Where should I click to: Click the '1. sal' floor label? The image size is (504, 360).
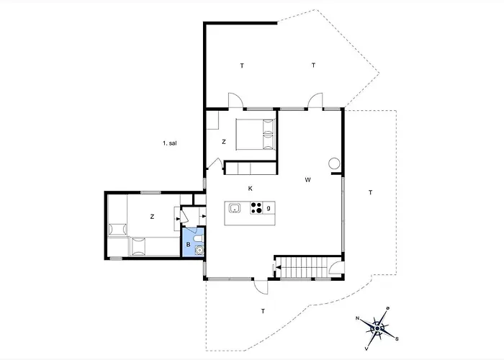pyautogui.click(x=169, y=143)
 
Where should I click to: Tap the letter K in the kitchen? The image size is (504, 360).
pyautogui.click(x=250, y=189)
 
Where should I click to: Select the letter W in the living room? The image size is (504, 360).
pyautogui.click(x=307, y=180)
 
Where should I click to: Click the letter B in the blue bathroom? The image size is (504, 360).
pyautogui.click(x=189, y=245)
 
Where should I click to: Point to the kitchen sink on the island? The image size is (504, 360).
pyautogui.click(x=235, y=208)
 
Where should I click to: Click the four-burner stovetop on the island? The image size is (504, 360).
pyautogui.click(x=256, y=207)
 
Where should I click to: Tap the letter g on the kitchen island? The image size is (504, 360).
pyautogui.click(x=269, y=208)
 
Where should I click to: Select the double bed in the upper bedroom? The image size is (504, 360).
pyautogui.click(x=256, y=134)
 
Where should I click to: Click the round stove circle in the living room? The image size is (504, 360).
pyautogui.click(x=334, y=163)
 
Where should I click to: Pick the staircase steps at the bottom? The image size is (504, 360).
pyautogui.click(x=304, y=267)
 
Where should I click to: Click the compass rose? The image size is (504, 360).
pyautogui.click(x=377, y=328)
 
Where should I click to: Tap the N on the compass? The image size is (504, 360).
pyautogui.click(x=357, y=318)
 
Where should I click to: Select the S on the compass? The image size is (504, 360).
pyautogui.click(x=397, y=339)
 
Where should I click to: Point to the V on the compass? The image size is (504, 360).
pyautogui.click(x=366, y=348)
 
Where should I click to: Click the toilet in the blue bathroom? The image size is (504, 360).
pyautogui.click(x=198, y=238)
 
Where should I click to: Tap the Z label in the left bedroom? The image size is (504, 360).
pyautogui.click(x=152, y=217)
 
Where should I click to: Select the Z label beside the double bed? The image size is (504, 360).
pyautogui.click(x=224, y=142)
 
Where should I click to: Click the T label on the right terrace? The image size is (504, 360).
pyautogui.click(x=370, y=192)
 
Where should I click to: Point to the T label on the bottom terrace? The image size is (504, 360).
pyautogui.click(x=263, y=311)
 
